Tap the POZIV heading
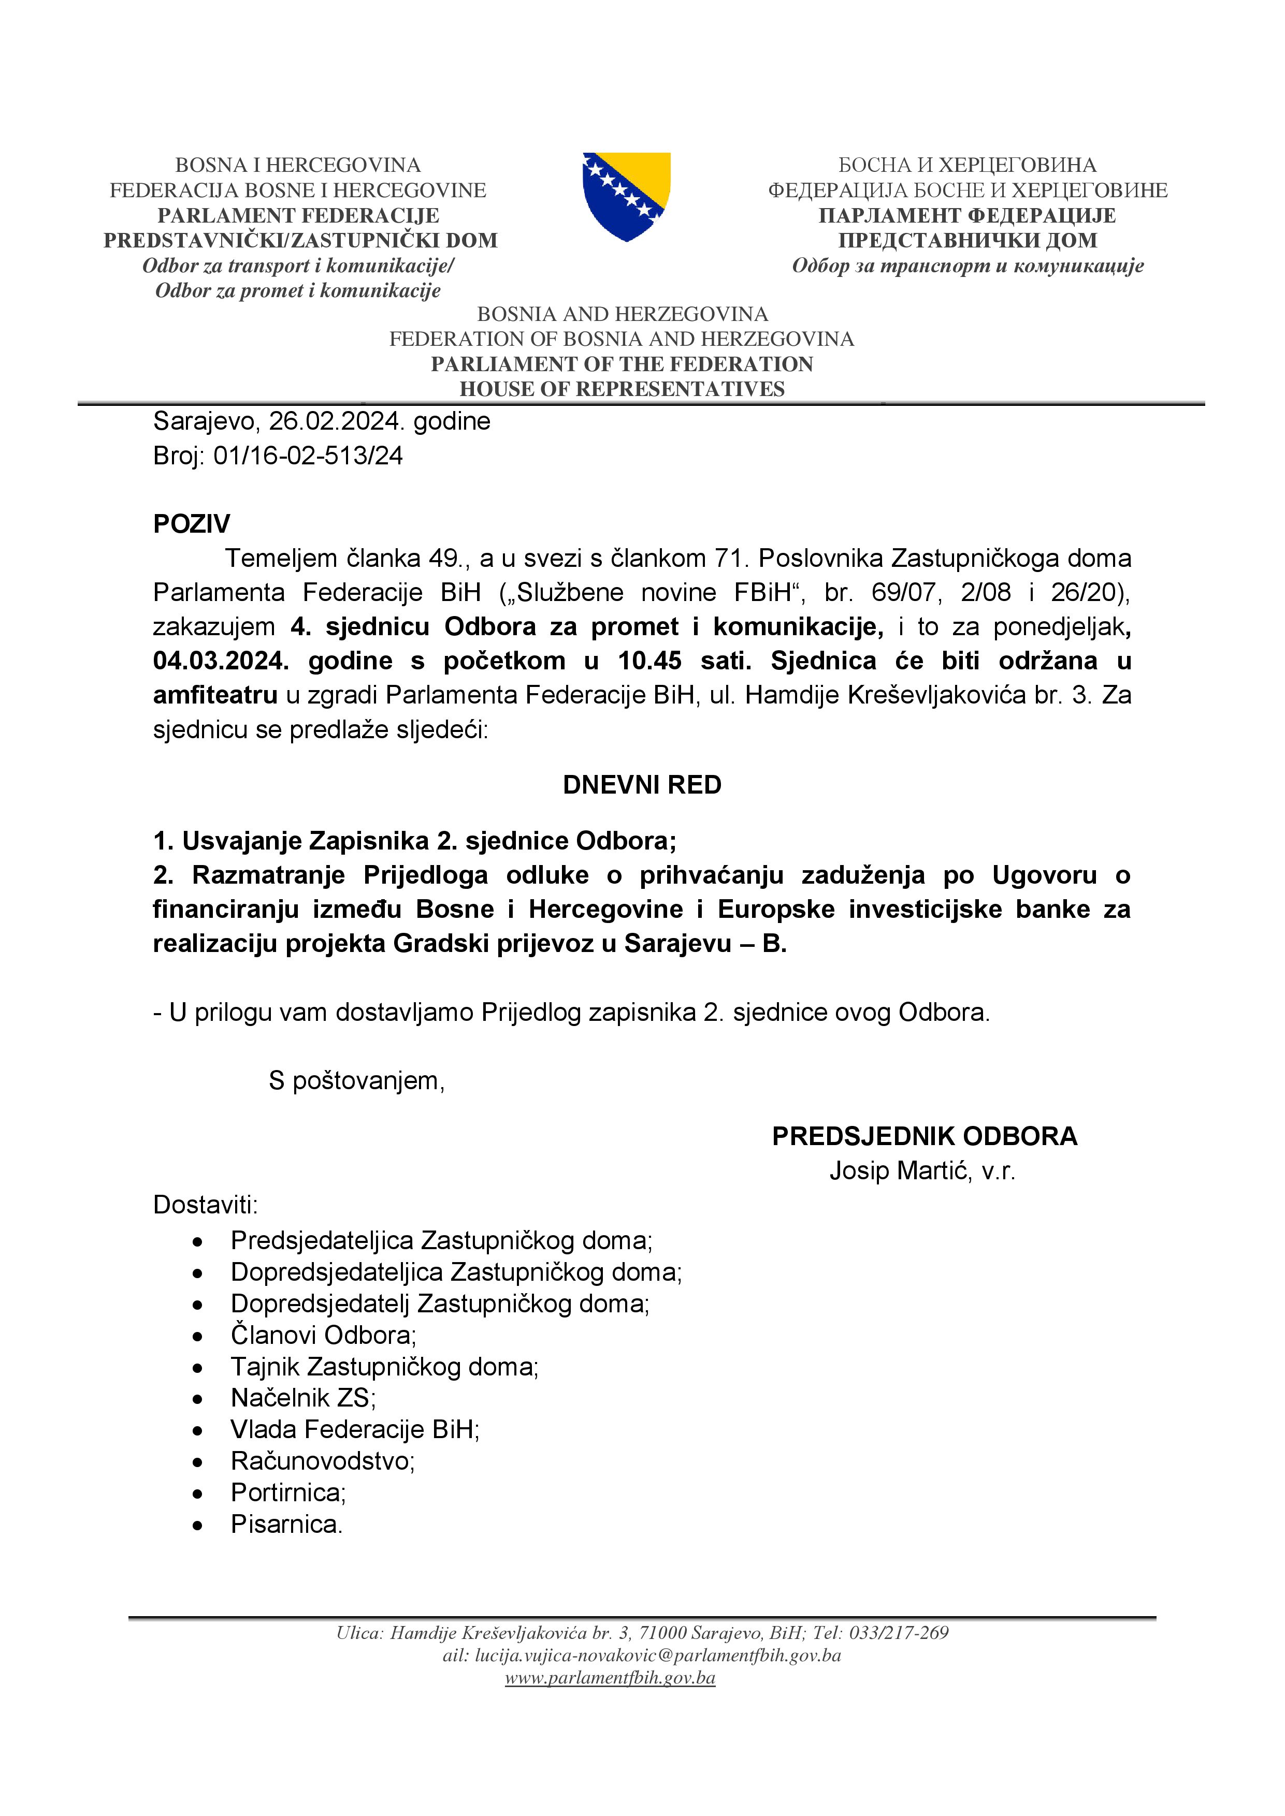point(192,523)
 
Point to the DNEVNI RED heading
point(642,785)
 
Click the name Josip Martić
point(900,1170)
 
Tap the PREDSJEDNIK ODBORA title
point(924,1137)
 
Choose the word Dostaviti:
point(206,1205)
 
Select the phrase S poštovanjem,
point(356,1080)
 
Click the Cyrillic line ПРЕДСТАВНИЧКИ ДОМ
point(968,240)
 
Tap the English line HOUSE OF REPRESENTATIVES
point(622,389)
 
